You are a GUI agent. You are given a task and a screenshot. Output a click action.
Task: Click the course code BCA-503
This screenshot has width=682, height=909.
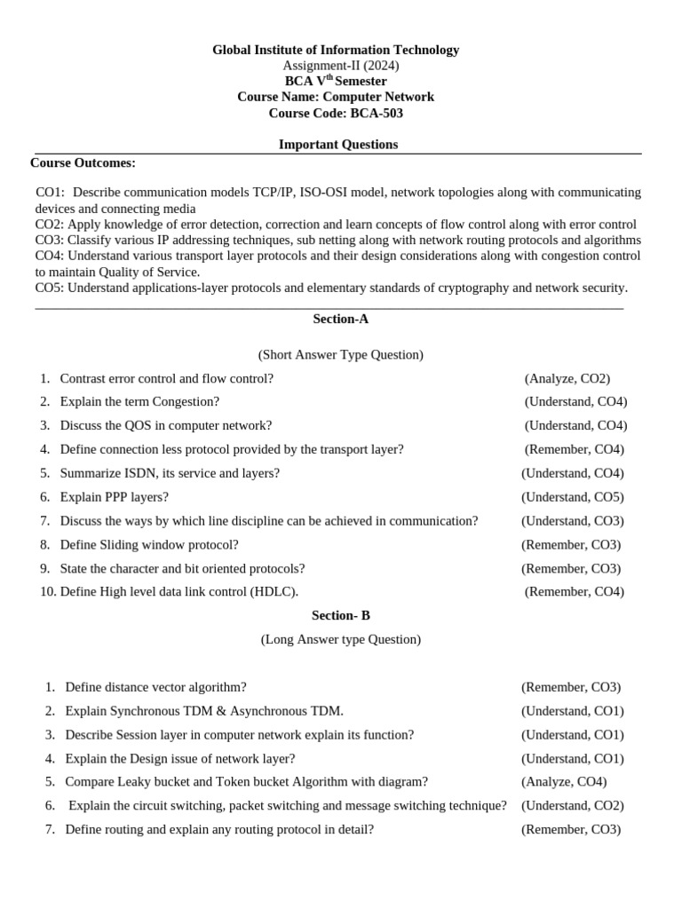[377, 113]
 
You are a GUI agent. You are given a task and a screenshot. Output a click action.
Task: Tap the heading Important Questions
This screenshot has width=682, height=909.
[338, 144]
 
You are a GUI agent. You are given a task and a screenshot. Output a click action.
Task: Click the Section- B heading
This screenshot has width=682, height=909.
[341, 615]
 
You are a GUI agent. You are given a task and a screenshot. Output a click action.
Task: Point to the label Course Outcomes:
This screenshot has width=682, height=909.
[83, 162]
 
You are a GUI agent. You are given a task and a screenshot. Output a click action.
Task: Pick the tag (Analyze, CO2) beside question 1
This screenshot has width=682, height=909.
[567, 378]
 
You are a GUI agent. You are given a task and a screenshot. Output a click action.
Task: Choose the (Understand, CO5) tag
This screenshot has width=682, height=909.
[573, 497]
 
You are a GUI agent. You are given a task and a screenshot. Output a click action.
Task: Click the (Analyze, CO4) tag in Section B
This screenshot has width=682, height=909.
[564, 782]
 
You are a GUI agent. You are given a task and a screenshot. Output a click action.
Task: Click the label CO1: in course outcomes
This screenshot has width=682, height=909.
[51, 192]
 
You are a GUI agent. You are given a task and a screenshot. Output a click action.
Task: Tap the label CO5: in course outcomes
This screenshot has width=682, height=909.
[50, 288]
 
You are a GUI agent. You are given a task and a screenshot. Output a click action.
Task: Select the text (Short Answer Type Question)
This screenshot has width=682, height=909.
[341, 355]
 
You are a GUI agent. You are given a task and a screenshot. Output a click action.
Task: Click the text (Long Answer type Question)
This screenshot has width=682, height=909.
[341, 639]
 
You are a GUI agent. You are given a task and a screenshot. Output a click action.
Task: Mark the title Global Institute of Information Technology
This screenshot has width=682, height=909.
[336, 50]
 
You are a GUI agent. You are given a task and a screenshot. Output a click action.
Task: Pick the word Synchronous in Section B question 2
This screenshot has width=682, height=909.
[144, 711]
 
